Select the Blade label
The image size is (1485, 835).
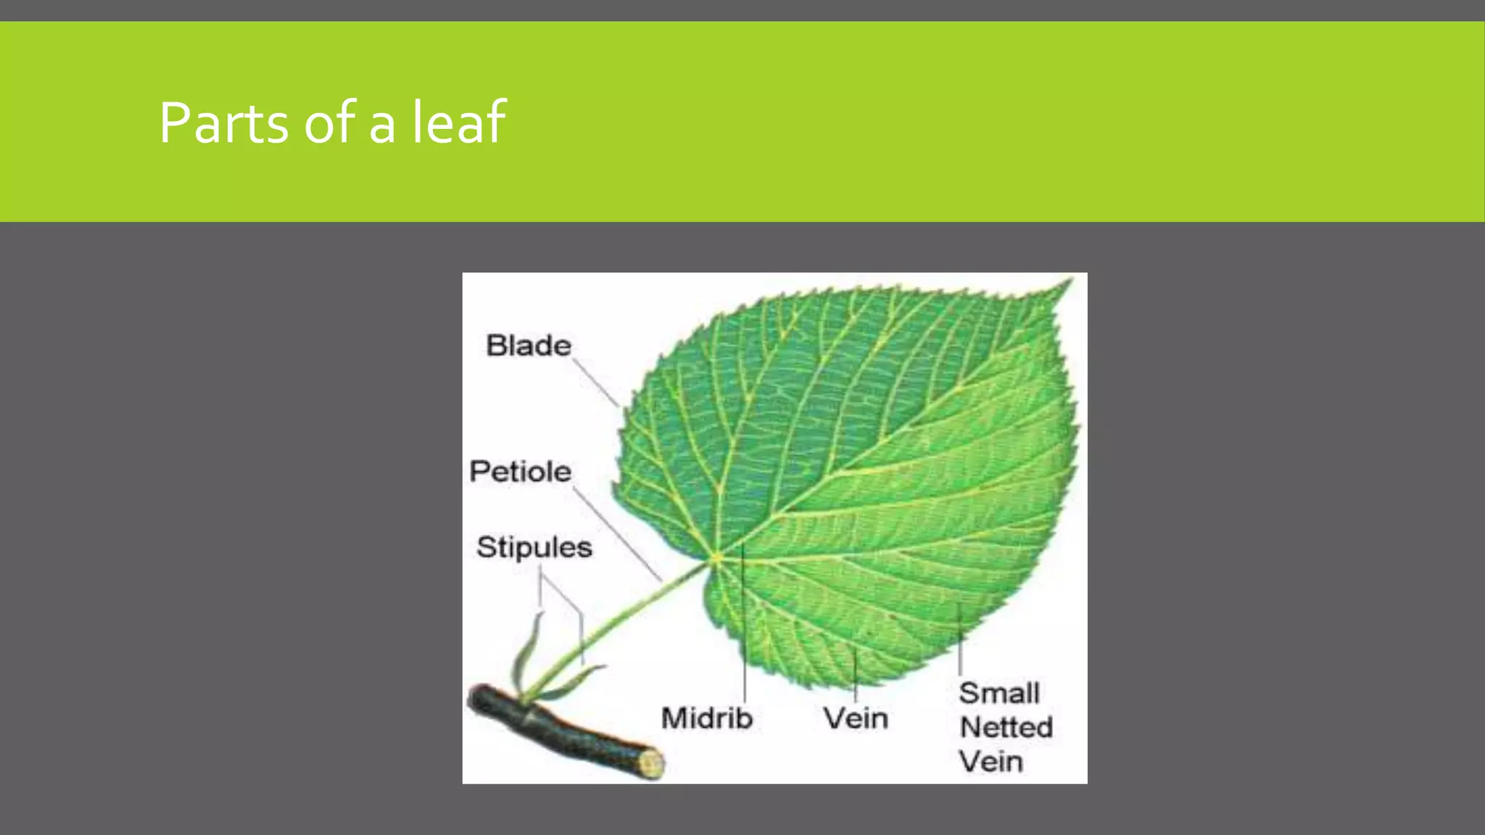click(x=528, y=346)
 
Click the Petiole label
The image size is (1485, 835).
click(x=520, y=472)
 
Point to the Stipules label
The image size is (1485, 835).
click(x=534, y=547)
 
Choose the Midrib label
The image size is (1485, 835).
click(x=707, y=718)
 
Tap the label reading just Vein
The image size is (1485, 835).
click(x=856, y=718)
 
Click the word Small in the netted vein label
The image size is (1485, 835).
click(x=999, y=693)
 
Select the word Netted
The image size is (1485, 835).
click(x=1006, y=727)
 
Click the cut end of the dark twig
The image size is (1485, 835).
click(x=650, y=764)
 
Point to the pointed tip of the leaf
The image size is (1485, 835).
click(x=1069, y=283)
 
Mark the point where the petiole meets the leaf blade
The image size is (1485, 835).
click(x=715, y=558)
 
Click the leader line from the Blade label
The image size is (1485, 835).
click(x=596, y=384)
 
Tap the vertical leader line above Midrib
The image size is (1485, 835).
click(x=745, y=631)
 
